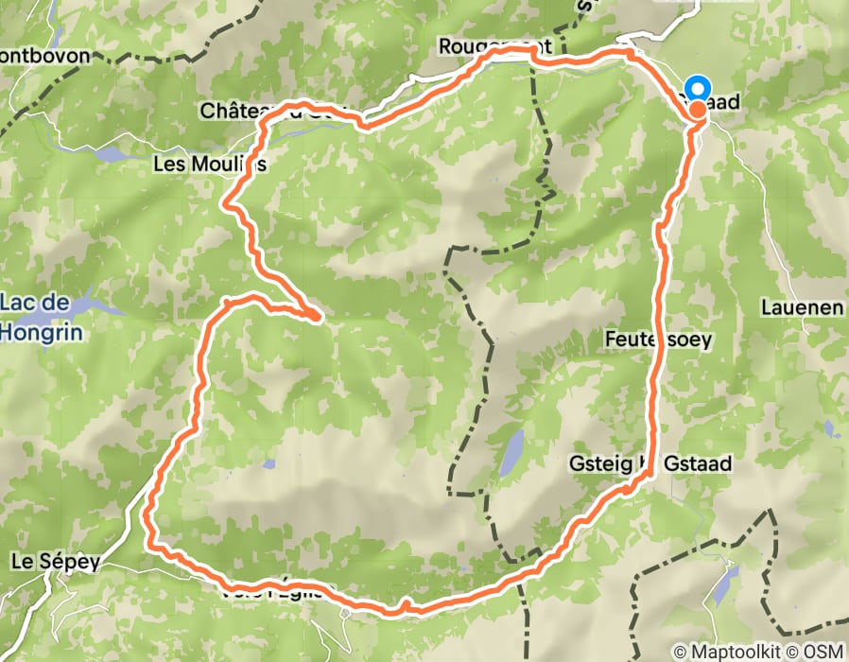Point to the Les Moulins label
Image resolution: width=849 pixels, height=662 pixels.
click(209, 164)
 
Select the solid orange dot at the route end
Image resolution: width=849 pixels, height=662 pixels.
click(698, 109)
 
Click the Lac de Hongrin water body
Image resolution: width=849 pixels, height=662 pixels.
click(95, 305)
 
